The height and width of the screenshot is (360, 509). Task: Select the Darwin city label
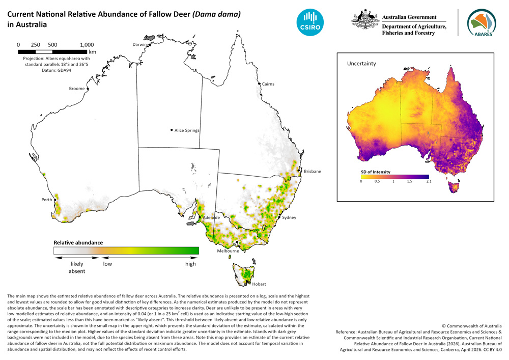(x=139, y=44)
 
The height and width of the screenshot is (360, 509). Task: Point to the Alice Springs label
(x=187, y=130)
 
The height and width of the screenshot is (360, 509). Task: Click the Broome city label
(x=77, y=89)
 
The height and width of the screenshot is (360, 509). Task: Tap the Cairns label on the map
(x=268, y=84)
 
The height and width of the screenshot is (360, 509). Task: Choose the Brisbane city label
(x=313, y=172)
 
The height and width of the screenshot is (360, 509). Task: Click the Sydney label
(x=289, y=217)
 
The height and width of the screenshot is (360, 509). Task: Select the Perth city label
(x=47, y=200)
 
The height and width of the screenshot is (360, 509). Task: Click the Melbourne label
(x=228, y=251)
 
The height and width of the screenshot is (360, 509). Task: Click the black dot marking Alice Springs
(x=172, y=130)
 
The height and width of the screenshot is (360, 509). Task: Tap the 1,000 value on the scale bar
(x=87, y=44)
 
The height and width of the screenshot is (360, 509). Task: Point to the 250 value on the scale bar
(x=36, y=44)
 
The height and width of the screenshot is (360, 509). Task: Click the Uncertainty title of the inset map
(x=361, y=64)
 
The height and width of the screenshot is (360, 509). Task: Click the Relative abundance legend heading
(x=78, y=242)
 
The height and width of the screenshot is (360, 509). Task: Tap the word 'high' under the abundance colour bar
(x=190, y=264)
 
